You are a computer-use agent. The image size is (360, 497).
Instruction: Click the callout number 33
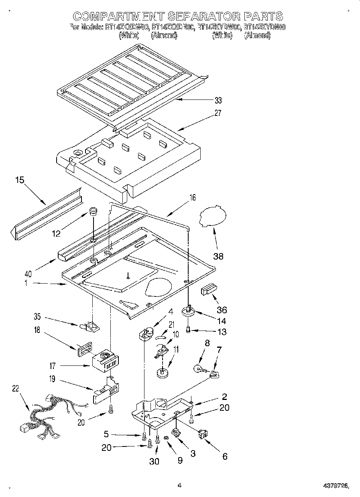click(218, 100)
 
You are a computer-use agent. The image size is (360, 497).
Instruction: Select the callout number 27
click(218, 113)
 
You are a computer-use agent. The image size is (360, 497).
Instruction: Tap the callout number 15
click(20, 180)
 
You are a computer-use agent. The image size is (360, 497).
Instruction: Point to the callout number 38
click(218, 256)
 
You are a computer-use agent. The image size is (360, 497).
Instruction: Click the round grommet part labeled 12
click(93, 211)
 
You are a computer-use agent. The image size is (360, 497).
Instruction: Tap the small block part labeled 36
click(209, 290)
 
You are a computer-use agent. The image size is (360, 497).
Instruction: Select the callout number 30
click(154, 461)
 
